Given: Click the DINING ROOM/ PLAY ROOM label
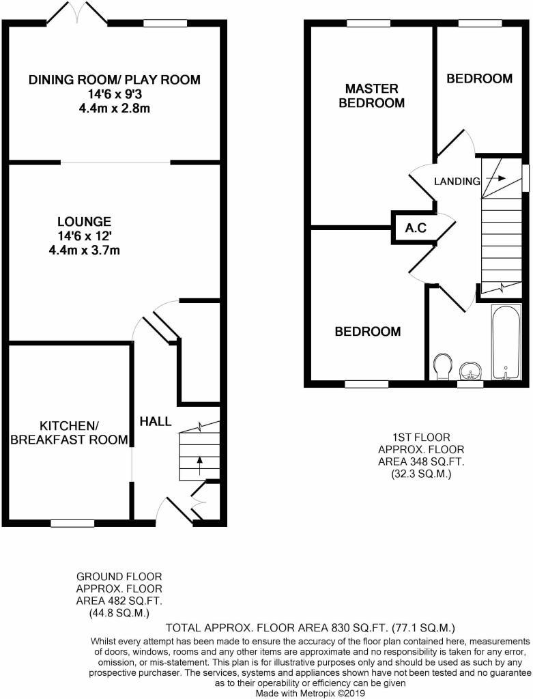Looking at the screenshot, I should click(x=114, y=80).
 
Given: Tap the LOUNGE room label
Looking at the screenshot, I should click(x=84, y=222).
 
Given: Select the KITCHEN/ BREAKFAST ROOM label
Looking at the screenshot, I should click(x=69, y=432).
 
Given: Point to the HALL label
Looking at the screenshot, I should click(x=156, y=422).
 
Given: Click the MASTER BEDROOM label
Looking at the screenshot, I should click(x=371, y=96).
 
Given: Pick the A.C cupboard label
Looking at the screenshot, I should click(x=416, y=228).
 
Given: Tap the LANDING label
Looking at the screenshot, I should click(x=457, y=181).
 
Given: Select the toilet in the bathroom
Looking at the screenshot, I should click(x=443, y=365).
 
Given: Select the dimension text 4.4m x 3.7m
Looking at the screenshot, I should click(x=84, y=250).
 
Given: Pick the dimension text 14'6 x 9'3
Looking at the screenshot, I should click(x=114, y=94).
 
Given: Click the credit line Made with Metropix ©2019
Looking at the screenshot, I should click(x=311, y=693).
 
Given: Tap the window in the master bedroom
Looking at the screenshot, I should click(x=369, y=24).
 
